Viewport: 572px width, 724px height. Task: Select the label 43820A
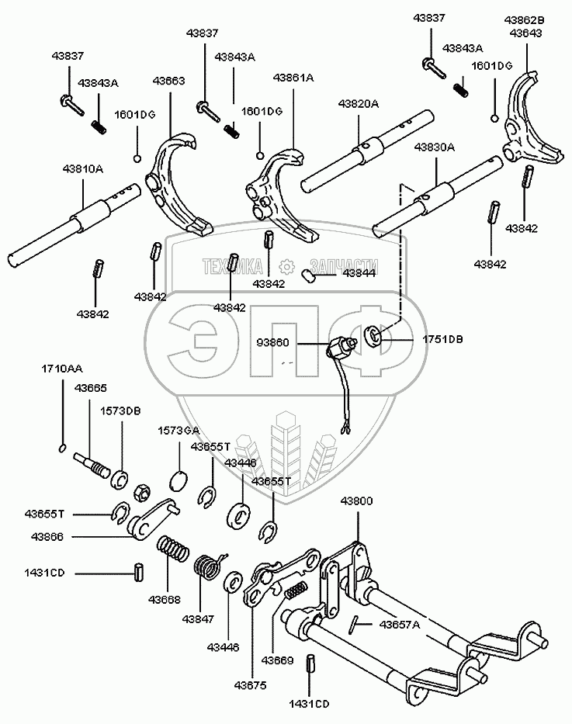pyautogui.click(x=359, y=103)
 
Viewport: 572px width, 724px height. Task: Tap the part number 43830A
pyautogui.click(x=434, y=147)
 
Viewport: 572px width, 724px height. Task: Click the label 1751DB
pyautogui.click(x=442, y=339)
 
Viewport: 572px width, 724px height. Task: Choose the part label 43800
pyautogui.click(x=356, y=501)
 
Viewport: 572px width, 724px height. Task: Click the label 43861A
pyautogui.click(x=293, y=78)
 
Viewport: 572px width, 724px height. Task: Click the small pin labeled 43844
pyautogui.click(x=307, y=276)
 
